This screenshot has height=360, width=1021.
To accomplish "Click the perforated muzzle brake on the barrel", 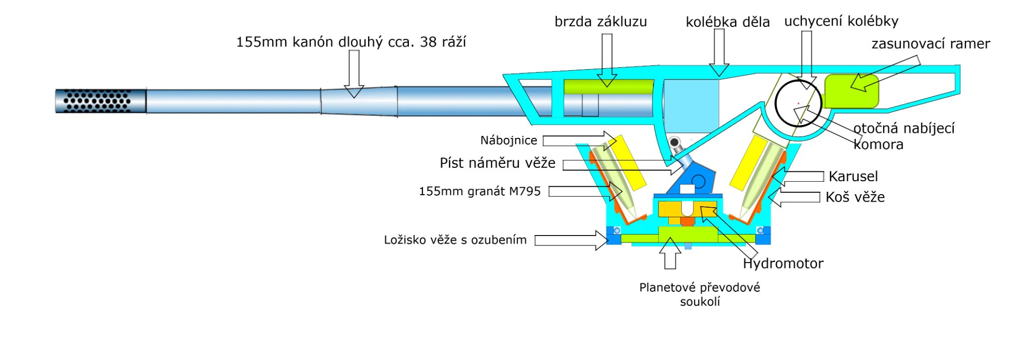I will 100,101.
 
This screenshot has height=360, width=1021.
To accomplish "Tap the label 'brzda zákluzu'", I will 601,22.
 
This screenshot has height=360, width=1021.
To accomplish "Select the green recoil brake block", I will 608,87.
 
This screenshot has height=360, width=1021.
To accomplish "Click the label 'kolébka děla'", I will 727,22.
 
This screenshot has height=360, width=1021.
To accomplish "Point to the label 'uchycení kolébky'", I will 841,21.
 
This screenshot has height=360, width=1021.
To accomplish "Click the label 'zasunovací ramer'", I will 930,44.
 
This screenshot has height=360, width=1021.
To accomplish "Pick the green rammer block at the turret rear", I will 851,91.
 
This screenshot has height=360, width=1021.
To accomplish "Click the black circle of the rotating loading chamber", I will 798,104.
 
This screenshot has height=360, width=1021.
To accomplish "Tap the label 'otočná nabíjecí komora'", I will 903,136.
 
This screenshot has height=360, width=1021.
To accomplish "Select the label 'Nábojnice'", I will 509,140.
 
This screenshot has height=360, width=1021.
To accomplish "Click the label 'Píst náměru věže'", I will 497,163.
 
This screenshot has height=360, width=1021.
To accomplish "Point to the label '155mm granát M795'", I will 479,191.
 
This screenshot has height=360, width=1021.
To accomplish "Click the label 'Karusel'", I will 853,176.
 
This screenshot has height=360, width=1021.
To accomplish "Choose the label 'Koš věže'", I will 855,197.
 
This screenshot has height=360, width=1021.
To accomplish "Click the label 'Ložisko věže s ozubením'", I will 455,240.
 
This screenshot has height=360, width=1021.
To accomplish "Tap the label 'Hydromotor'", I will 783,263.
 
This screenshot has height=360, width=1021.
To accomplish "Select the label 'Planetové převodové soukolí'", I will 699,294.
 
